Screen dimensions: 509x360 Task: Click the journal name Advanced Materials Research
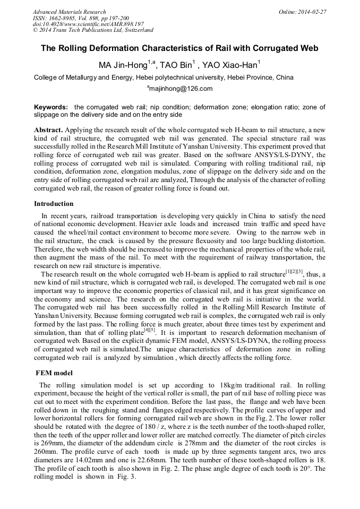(x=69, y=12)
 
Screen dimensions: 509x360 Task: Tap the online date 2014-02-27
(x=315, y=12)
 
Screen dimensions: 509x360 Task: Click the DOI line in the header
(x=88, y=24)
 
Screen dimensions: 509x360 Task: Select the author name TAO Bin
(x=178, y=65)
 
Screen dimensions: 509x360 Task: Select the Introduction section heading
(x=54, y=204)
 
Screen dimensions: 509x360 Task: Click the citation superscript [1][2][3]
(x=294, y=272)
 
